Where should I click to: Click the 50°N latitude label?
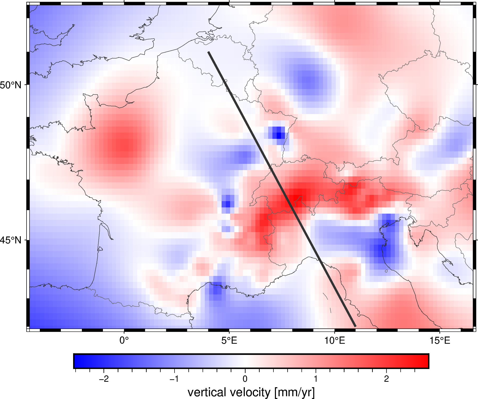point(11,85)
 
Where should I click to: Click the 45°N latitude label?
point(11,240)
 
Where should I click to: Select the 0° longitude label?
point(124,341)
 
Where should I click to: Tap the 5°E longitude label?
point(229,341)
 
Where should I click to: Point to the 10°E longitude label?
point(335,341)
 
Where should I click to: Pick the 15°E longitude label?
point(440,341)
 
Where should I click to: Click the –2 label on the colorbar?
point(104,379)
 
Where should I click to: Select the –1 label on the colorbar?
point(174,379)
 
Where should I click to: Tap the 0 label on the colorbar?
point(245,379)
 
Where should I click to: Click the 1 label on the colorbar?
point(316,379)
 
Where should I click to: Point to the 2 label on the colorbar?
point(386,379)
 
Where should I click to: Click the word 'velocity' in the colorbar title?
point(252,392)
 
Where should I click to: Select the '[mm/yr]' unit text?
point(294,392)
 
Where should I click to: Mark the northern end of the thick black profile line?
point(209,52)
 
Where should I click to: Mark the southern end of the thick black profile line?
point(355,326)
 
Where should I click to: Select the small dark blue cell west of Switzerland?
point(228,204)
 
